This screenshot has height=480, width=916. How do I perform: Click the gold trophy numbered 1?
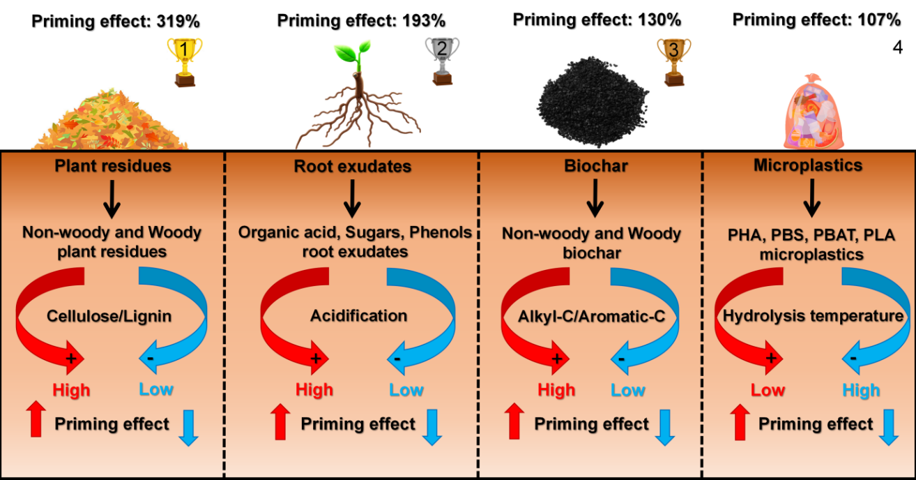[x=185, y=61]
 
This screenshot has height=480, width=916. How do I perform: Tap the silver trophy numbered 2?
[x=442, y=60]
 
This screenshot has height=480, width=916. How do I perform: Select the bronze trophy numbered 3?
[x=673, y=61]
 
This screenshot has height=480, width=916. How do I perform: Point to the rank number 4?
[x=897, y=48]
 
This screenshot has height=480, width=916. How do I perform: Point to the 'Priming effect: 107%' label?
[x=817, y=20]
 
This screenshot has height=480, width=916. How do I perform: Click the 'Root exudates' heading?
[x=352, y=167]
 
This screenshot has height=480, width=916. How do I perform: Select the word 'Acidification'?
[x=358, y=315]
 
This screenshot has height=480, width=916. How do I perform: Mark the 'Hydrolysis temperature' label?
[x=813, y=316]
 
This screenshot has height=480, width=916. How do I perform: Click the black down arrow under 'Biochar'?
[x=594, y=198]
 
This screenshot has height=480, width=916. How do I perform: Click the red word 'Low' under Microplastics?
[x=768, y=390]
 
